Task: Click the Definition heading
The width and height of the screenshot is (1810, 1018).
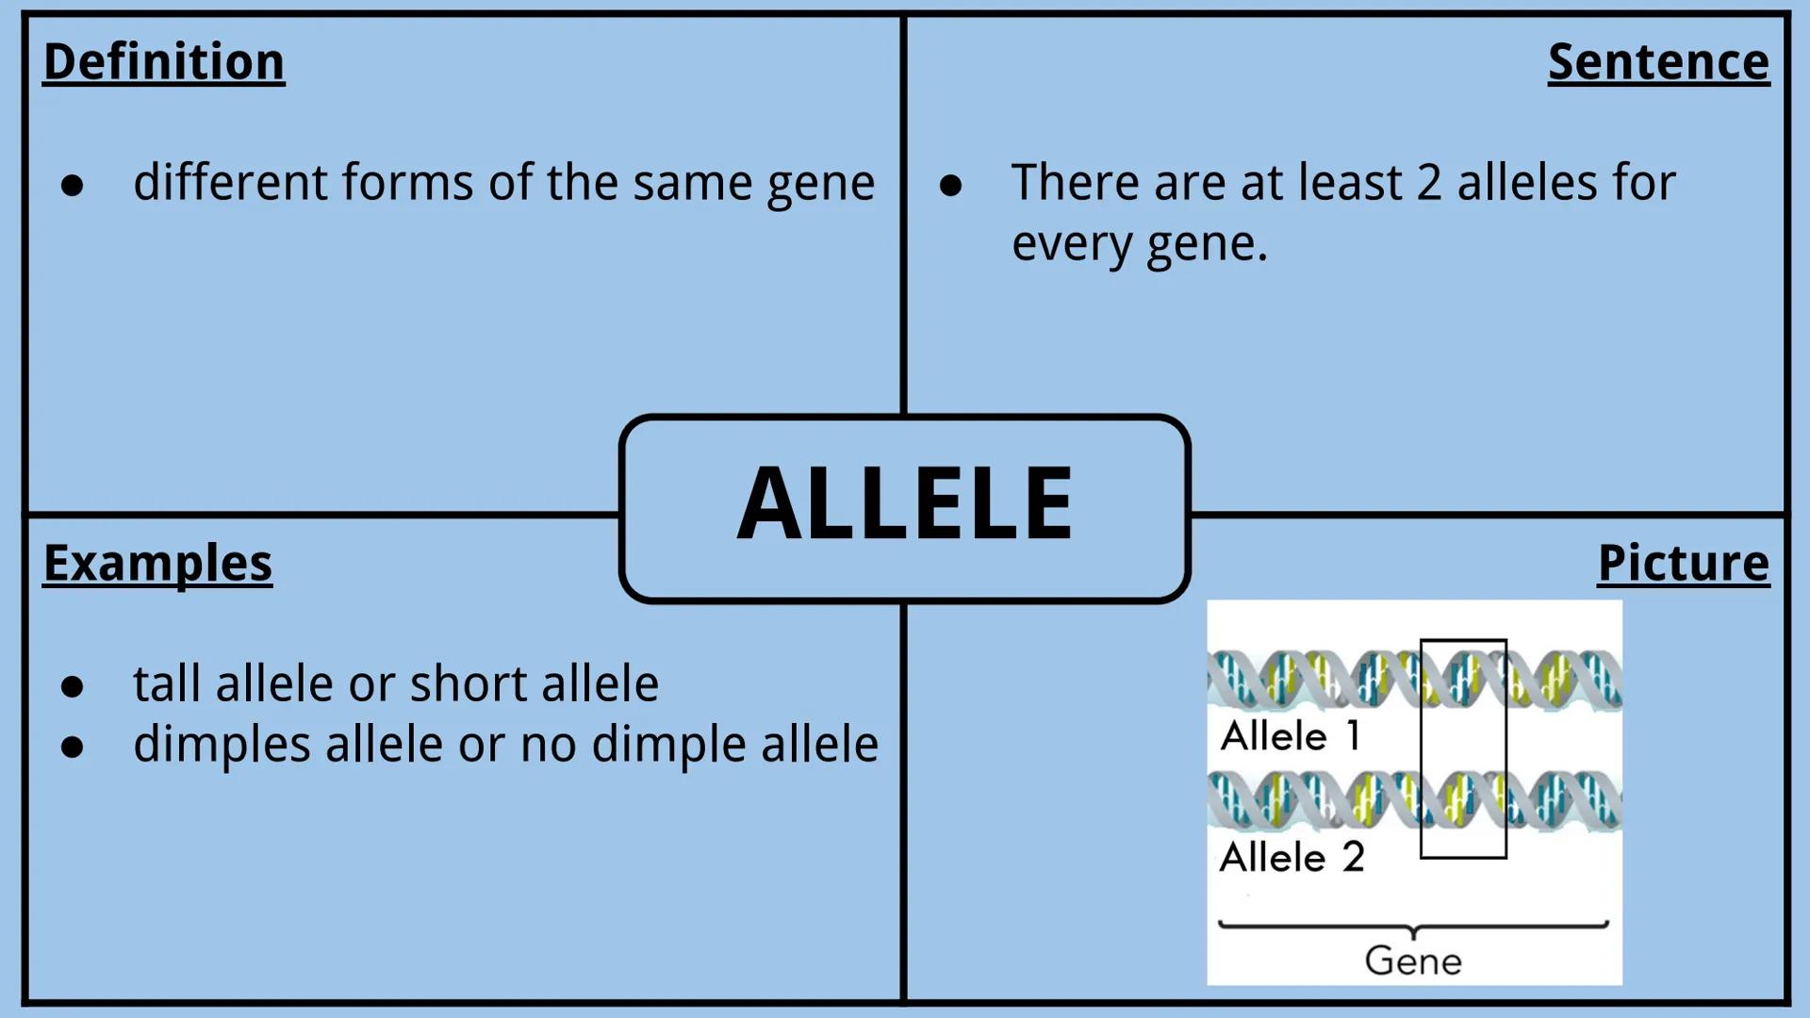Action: (164, 62)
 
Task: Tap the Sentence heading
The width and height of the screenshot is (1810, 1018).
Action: (1658, 62)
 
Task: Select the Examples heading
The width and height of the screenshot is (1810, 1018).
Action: (157, 564)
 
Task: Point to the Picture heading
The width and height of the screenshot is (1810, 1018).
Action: (1683, 564)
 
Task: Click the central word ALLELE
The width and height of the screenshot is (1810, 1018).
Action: (905, 504)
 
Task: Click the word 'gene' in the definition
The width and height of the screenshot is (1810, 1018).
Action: (820, 184)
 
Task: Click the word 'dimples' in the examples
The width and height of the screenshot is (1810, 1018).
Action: (222, 745)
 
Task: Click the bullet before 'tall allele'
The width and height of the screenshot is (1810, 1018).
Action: (73, 686)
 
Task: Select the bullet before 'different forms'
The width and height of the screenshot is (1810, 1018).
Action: (73, 185)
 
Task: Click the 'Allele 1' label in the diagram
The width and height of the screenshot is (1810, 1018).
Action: (1291, 736)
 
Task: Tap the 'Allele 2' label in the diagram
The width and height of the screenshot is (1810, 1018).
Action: (1292, 858)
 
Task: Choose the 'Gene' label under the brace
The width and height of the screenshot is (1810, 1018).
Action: (1413, 961)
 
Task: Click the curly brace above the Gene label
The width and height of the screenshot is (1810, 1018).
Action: (1413, 928)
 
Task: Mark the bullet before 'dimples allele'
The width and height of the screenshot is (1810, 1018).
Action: (73, 747)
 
